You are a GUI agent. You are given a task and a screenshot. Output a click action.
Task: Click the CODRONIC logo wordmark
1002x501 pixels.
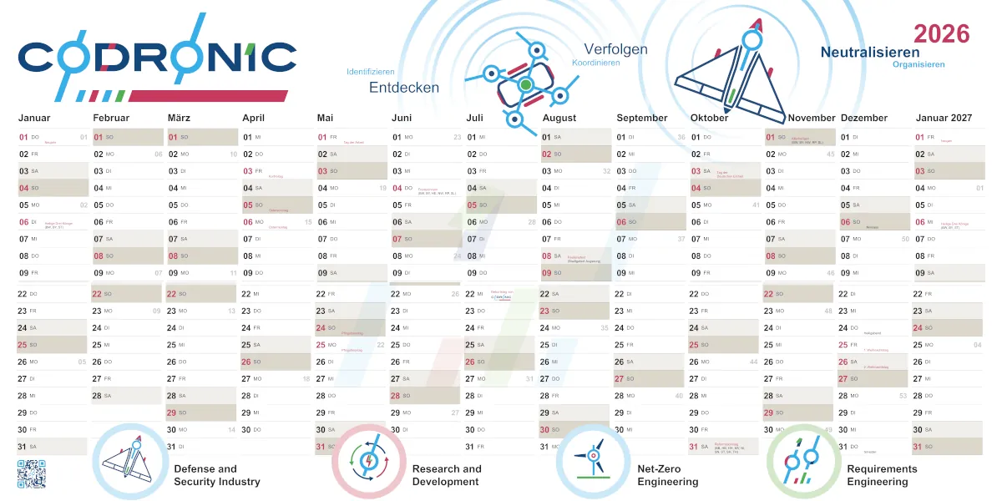click(x=157, y=57)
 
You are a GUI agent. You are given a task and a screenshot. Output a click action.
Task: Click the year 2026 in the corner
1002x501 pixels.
click(x=941, y=34)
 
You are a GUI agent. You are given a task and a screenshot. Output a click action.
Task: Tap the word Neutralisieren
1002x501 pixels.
click(x=870, y=52)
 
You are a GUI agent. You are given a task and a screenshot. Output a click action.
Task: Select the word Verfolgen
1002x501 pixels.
click(x=615, y=49)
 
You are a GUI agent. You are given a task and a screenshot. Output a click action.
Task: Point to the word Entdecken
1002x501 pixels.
click(x=404, y=87)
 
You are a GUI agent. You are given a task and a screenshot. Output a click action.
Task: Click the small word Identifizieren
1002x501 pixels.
click(x=371, y=72)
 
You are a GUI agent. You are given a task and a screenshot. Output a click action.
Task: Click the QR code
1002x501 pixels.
click(x=31, y=473)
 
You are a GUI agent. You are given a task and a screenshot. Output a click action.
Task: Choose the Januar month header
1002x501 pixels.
click(x=34, y=118)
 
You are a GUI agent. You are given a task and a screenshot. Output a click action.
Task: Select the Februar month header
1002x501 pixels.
click(x=111, y=118)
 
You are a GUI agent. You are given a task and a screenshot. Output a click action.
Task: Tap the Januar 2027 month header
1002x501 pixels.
click(x=943, y=118)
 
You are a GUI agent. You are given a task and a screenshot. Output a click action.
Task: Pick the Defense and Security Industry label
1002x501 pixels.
click(x=217, y=475)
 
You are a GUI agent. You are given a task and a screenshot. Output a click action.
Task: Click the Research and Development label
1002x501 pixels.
click(x=447, y=475)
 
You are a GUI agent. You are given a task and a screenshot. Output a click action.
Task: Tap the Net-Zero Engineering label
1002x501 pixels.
click(x=668, y=475)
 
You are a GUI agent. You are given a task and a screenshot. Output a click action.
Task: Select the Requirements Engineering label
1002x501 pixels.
click(x=882, y=475)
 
